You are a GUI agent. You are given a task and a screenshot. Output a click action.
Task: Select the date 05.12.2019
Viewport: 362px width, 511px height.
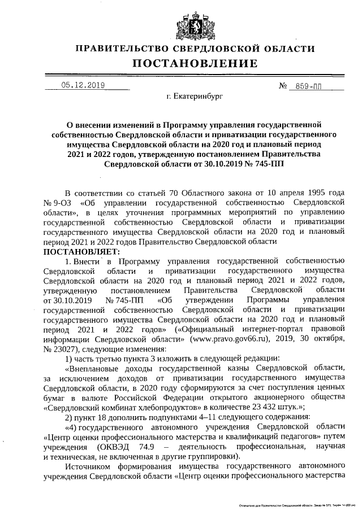[83, 86]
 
